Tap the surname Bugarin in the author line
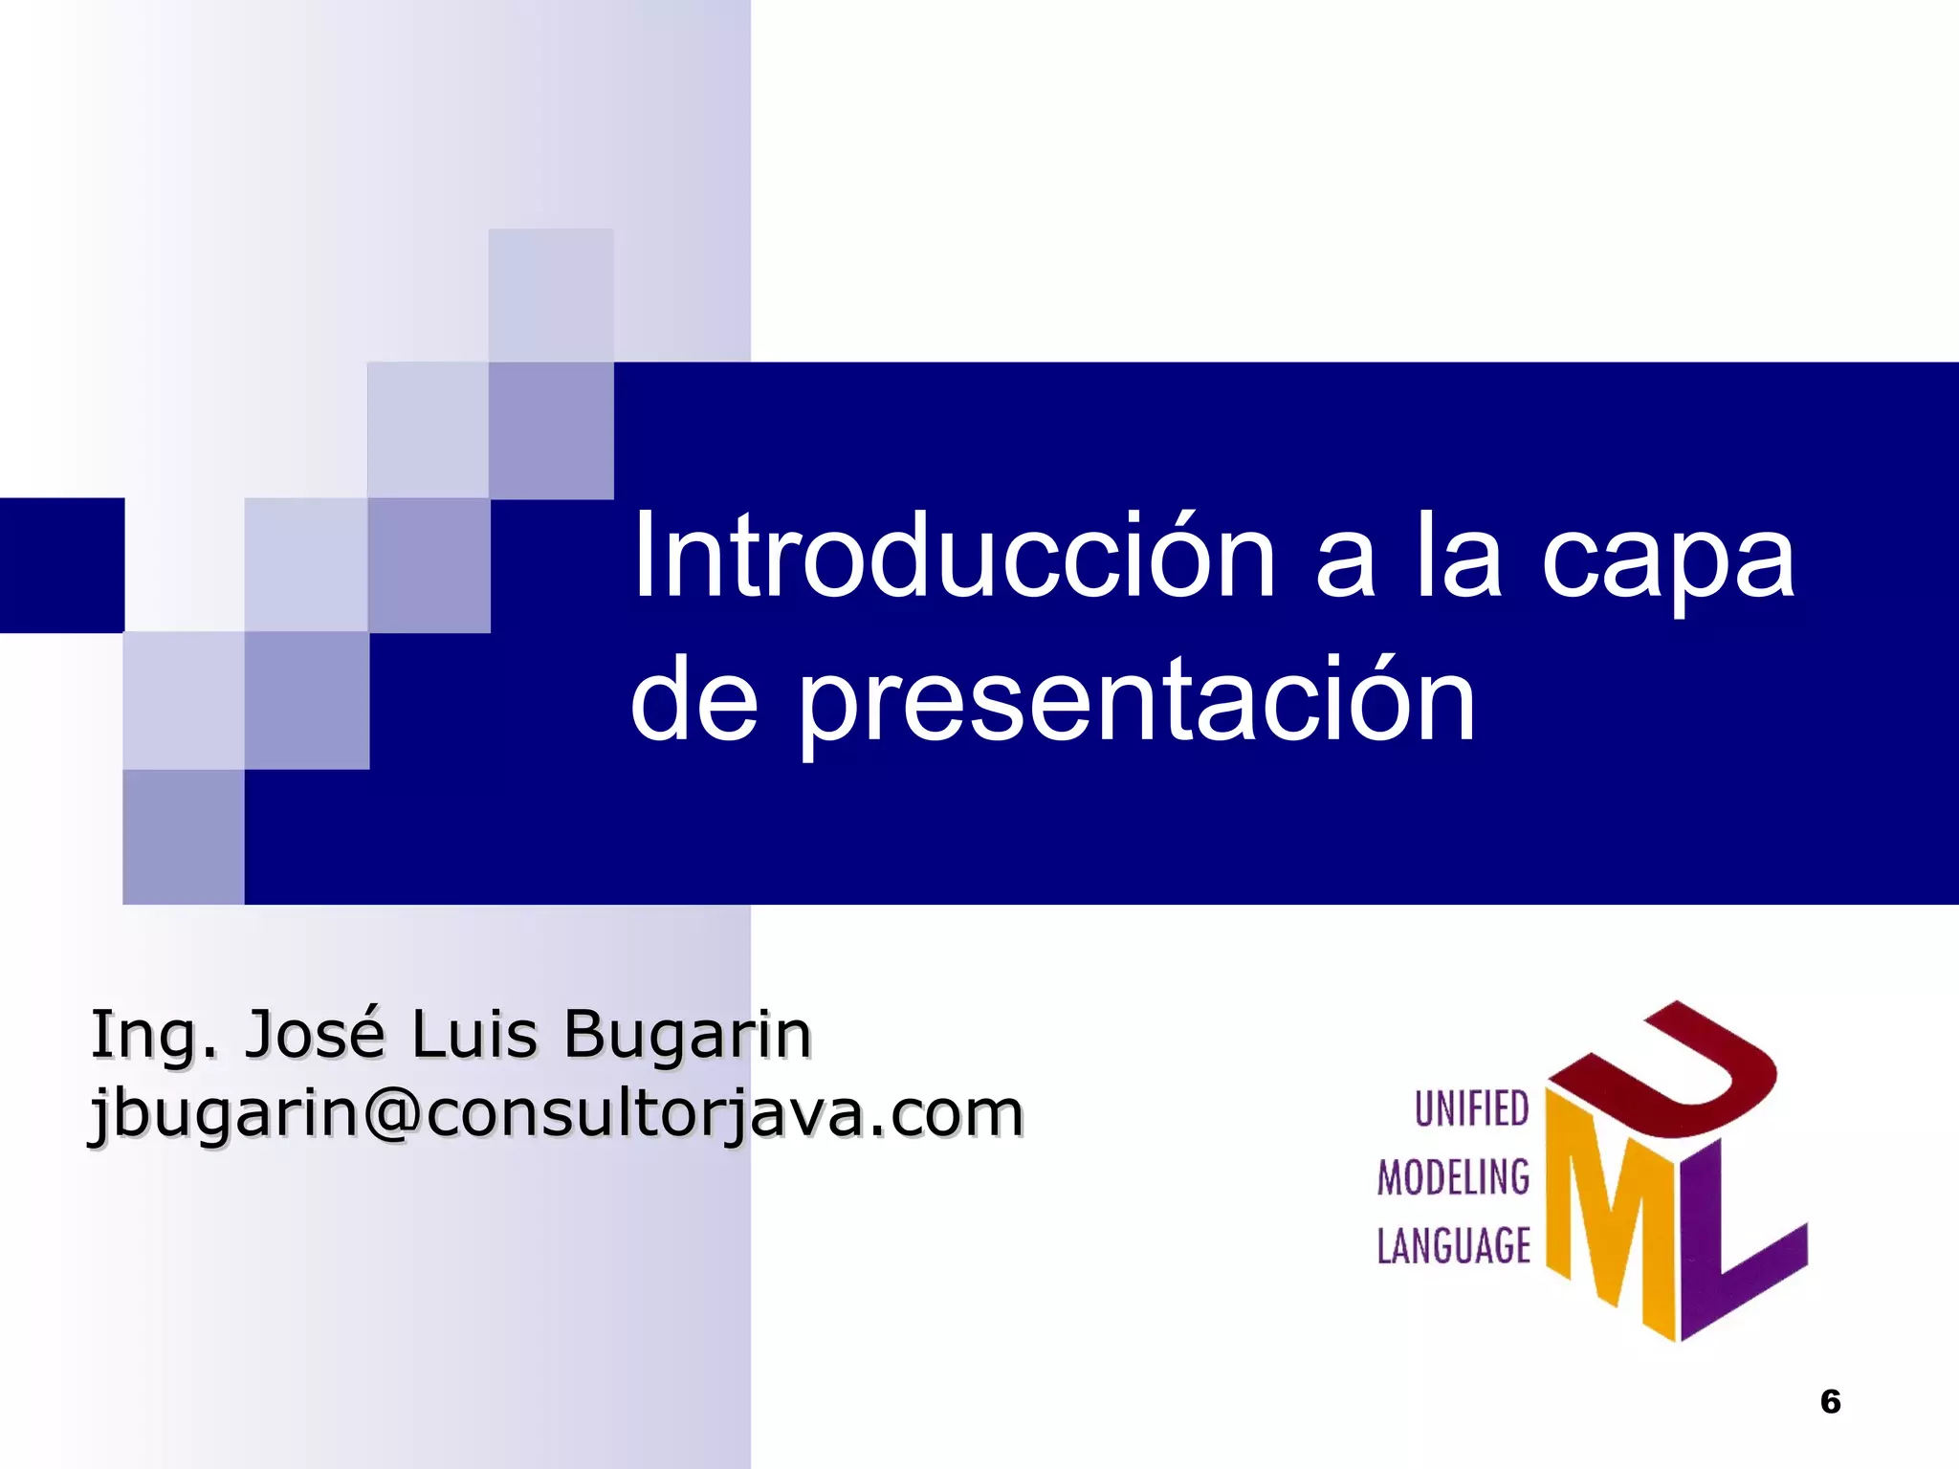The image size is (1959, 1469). point(688,1035)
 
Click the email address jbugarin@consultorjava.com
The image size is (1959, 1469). point(556,1115)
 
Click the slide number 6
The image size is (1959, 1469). point(1830,1402)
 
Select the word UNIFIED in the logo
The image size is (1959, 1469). point(1471,1109)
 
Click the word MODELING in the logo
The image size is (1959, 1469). point(1453,1177)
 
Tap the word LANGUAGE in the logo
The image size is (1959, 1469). point(1453,1246)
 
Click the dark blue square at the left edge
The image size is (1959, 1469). point(61,564)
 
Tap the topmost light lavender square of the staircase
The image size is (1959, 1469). point(551,295)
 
